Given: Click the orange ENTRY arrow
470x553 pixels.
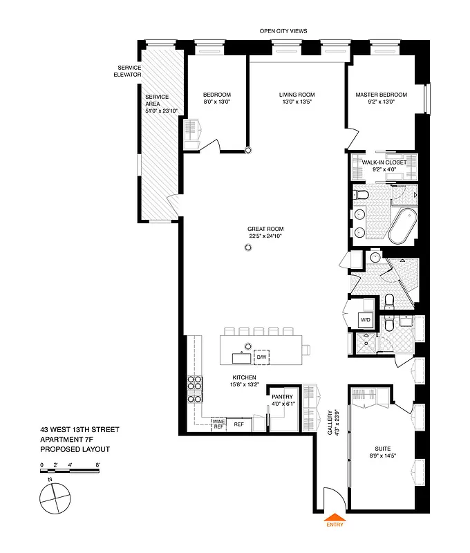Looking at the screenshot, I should point(336,516).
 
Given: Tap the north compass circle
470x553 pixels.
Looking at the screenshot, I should point(55,497).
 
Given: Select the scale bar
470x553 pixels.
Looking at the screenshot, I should point(70,471).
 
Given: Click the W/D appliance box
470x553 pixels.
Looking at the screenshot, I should point(366,320).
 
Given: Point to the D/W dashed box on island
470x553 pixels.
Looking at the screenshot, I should point(261,357).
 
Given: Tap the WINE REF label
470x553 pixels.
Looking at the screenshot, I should point(218,424).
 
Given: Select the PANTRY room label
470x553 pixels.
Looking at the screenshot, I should point(282,396).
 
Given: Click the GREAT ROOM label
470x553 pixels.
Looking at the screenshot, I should point(266,229).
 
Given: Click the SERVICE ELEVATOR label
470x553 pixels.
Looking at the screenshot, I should point(128,71).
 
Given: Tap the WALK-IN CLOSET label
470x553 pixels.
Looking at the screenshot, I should point(384,162).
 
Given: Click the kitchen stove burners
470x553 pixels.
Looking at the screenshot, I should point(195,388).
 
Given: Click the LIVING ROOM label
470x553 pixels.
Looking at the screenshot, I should point(297,95).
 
